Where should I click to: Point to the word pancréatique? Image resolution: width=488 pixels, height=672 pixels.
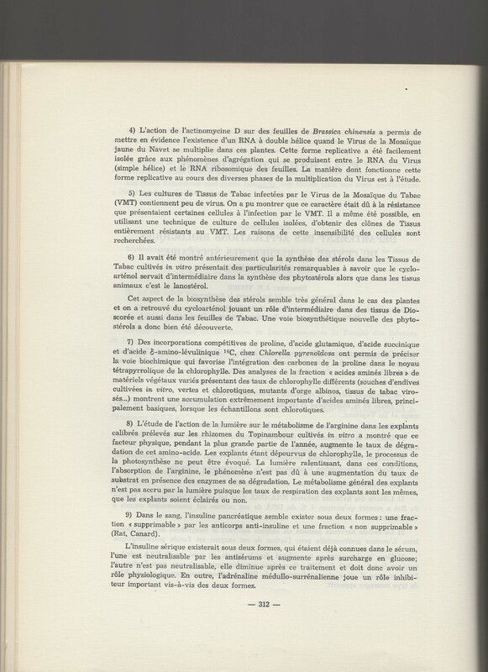tap(202, 557)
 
